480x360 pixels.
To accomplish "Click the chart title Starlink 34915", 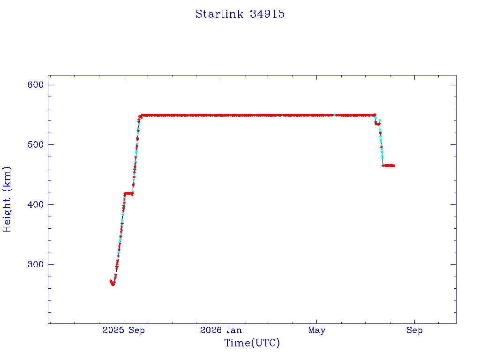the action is point(240,14).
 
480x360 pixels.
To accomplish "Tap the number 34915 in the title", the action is point(267,14).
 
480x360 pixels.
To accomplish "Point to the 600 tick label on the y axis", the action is point(36,85).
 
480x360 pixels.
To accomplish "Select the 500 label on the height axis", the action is point(36,144).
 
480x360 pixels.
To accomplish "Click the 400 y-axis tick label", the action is point(36,204).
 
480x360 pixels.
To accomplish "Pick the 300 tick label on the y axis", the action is point(36,264).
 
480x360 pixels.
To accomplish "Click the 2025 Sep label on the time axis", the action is point(124,330).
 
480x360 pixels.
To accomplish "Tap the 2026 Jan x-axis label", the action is point(221,330).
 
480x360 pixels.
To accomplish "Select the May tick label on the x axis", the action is point(317,330).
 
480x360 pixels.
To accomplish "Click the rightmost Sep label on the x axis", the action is point(415,330).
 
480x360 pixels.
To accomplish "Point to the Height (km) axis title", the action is point(7,199).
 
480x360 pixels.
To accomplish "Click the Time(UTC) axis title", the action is point(252,343).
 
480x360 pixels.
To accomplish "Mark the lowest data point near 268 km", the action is point(113,285).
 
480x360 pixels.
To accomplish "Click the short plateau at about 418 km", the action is point(128,194).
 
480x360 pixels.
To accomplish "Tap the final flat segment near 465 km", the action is point(389,165).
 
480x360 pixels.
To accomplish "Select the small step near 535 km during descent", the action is point(378,124).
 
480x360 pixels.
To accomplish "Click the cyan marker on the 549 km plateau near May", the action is point(335,115).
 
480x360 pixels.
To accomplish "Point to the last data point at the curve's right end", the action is point(394,165).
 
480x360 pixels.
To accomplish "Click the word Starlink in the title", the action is point(219,14).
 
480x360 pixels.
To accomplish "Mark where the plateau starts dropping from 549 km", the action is point(375,115).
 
